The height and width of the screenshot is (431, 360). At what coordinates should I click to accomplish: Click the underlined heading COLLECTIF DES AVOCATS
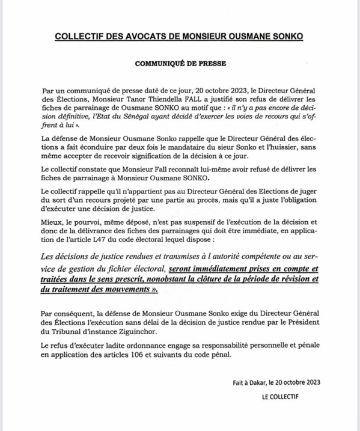click(180, 37)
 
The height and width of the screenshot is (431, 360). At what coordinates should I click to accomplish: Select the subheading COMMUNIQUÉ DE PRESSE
click(179, 63)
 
